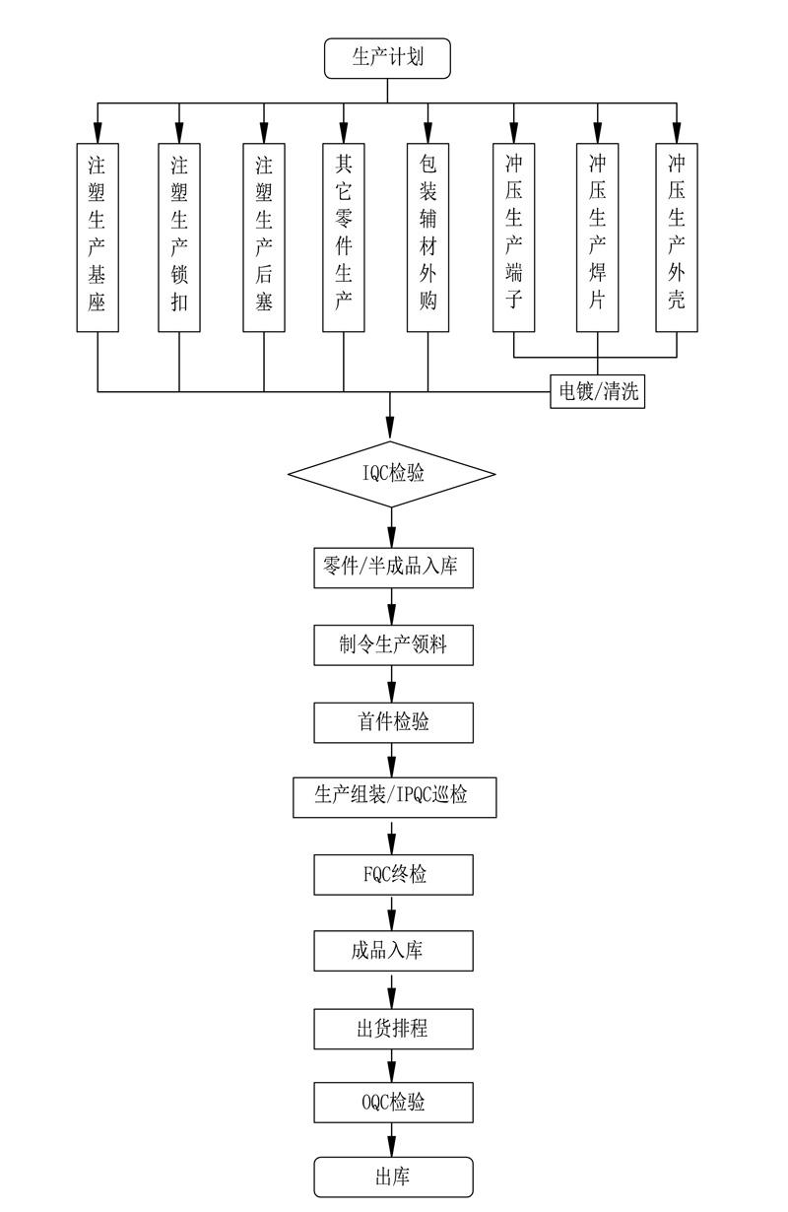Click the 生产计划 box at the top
click(387, 58)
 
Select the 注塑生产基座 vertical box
click(98, 237)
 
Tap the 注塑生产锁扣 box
click(179, 237)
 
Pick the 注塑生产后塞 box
click(264, 237)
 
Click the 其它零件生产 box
click(344, 237)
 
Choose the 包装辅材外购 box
click(427, 237)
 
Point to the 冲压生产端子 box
click(514, 237)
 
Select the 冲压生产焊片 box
click(598, 237)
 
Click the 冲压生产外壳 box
click(677, 237)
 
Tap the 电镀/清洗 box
click(598, 391)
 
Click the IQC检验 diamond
click(392, 474)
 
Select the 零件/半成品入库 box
click(394, 568)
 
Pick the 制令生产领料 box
click(394, 645)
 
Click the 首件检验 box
click(394, 722)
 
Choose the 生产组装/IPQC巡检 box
click(395, 797)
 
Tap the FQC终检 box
click(394, 874)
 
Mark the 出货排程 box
click(394, 1029)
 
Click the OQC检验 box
click(394, 1103)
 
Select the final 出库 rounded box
click(394, 1177)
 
